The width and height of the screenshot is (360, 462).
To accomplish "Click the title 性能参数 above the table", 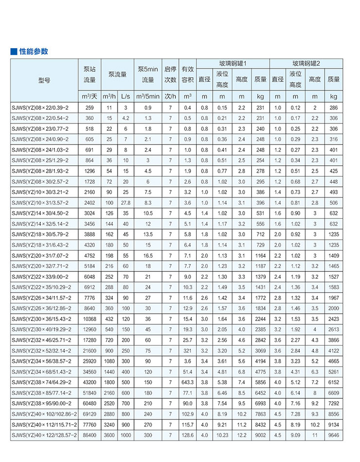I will point(34,51).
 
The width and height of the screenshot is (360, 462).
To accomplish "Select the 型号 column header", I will point(44,80).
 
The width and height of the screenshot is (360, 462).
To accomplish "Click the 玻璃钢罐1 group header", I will point(233,63).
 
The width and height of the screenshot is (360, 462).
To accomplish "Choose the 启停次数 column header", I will point(170,74).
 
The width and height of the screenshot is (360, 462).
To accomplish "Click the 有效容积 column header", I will point(188,74).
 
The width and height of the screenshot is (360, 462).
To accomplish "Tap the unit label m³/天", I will point(89,96).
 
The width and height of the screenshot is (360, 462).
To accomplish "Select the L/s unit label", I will point(125,96).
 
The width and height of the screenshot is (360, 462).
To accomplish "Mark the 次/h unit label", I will point(170,96).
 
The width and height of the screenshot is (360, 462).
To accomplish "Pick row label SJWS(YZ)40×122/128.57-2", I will point(44,435).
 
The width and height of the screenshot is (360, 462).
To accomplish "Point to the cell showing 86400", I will point(89,435).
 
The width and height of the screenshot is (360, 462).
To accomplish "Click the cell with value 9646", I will point(333,435).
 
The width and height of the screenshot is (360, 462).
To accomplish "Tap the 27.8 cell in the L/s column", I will point(125,202).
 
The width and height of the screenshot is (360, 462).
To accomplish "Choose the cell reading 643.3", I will point(188,382).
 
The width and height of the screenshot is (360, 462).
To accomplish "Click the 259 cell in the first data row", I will point(89,107).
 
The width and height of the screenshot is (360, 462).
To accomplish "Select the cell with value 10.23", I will point(222,435).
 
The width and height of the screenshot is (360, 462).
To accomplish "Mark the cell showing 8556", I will point(333,414).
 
